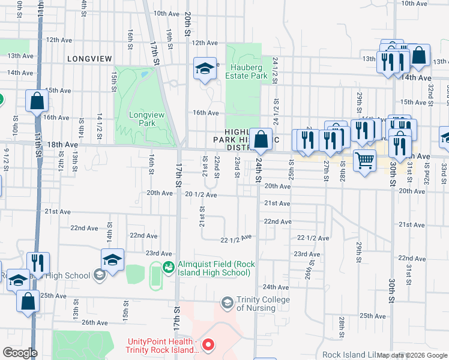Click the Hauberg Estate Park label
click(x=246, y=71)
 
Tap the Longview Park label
click(x=142, y=119)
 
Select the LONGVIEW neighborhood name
click(x=89, y=59)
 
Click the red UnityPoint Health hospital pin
click(x=208, y=344)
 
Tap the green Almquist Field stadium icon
click(x=169, y=266)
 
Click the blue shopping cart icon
click(x=364, y=161)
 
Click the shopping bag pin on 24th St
click(x=261, y=140)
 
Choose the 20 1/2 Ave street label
click(x=201, y=195)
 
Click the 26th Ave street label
click(x=95, y=322)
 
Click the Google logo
click(x=19, y=353)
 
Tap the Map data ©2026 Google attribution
click(x=412, y=355)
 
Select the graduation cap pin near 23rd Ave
click(x=112, y=259)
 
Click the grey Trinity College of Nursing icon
click(x=227, y=302)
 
